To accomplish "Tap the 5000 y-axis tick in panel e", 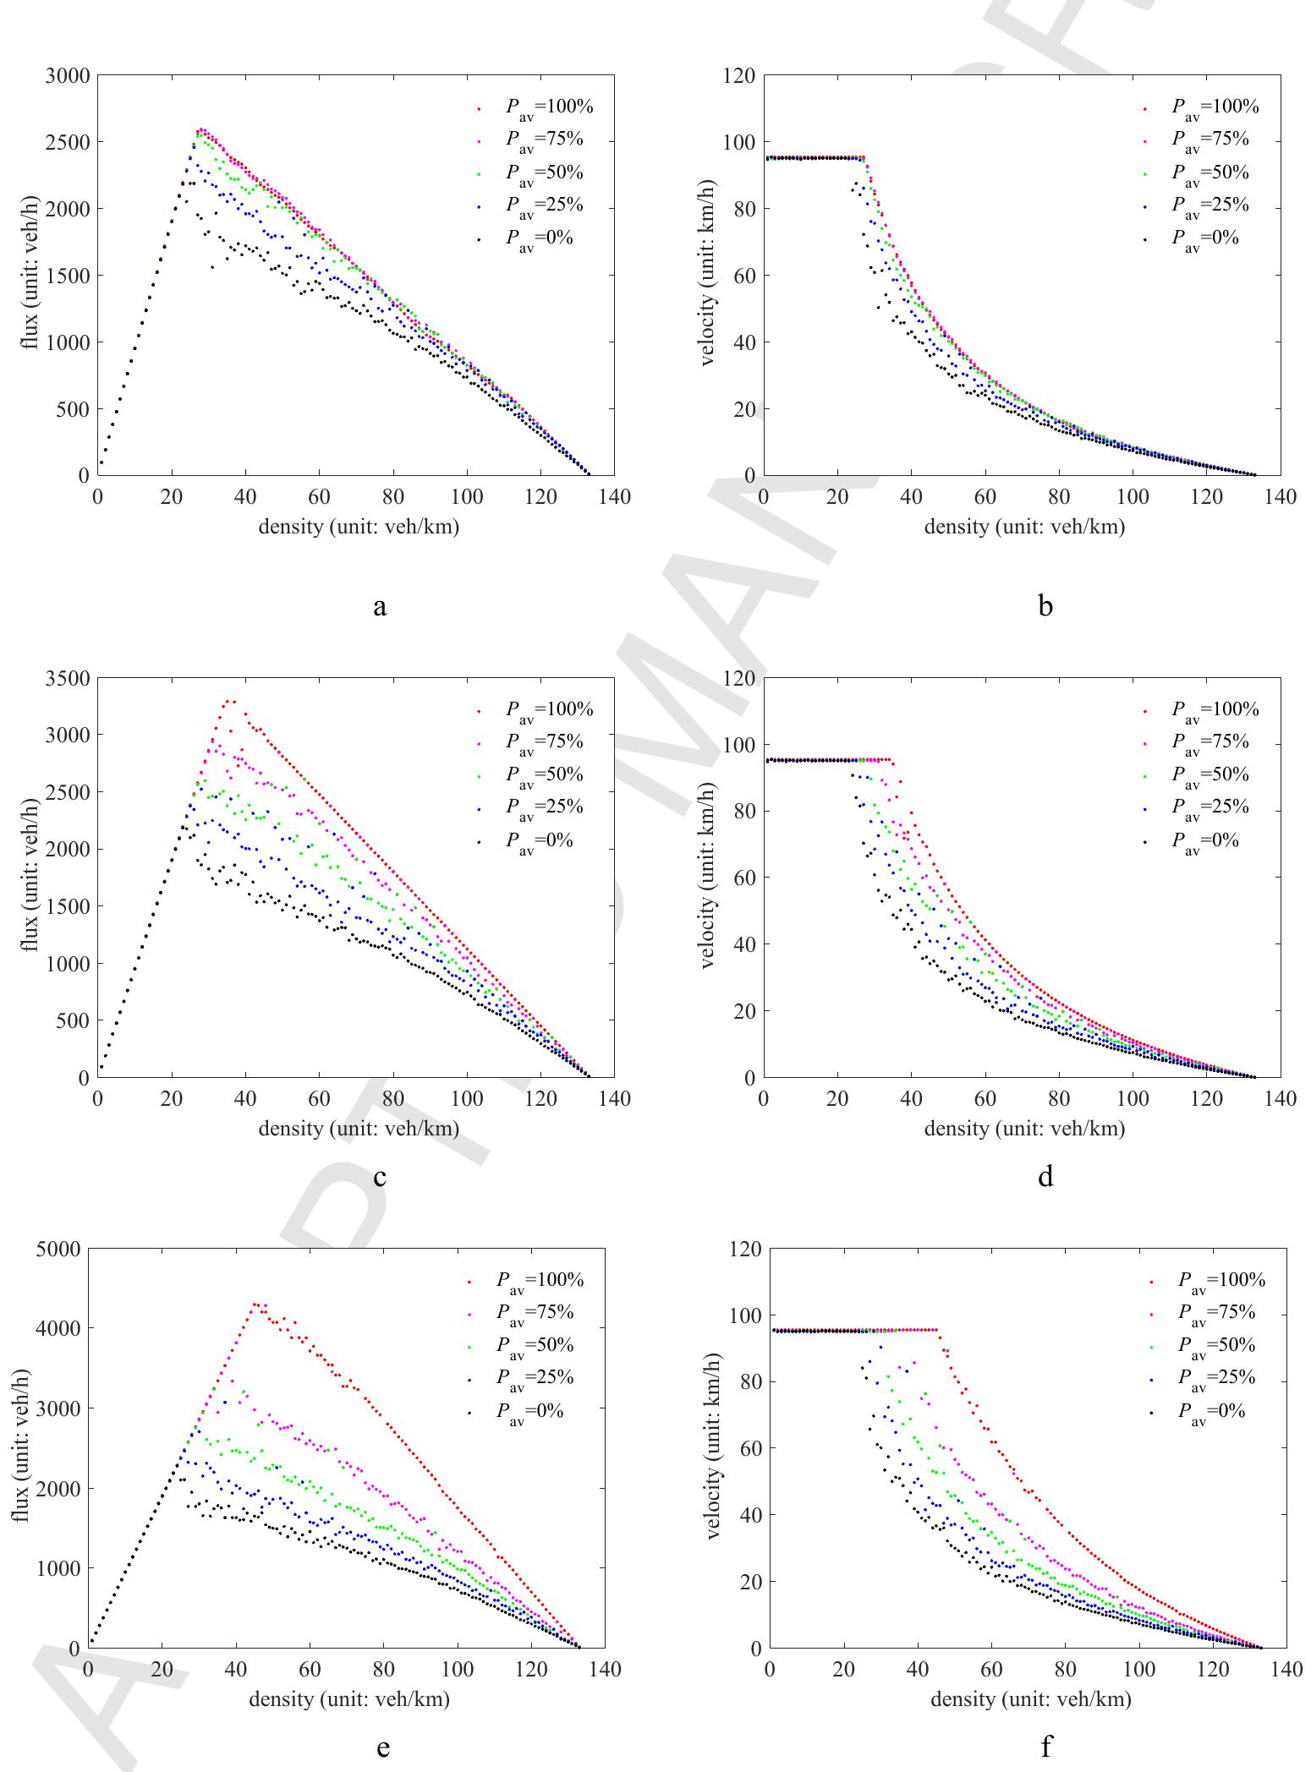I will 58,1249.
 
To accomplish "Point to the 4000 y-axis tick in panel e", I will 58,1328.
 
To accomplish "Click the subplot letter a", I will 380,604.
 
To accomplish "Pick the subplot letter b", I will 1045,604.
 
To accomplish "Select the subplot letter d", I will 1045,1176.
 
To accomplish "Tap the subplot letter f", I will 1046,1744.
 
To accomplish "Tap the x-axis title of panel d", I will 1024,1129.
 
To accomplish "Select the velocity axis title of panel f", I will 716,1447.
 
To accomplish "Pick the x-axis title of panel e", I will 348,1699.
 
